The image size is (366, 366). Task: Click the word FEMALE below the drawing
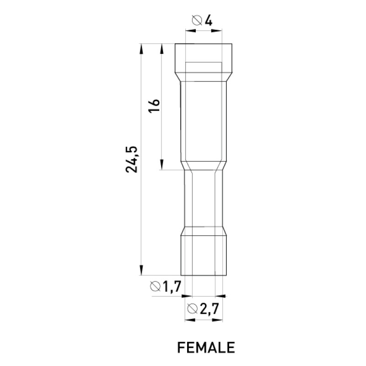pyautogui.click(x=206, y=348)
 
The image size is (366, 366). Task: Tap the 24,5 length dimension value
pyautogui.click(x=132, y=159)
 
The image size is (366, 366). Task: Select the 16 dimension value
pyautogui.click(x=154, y=106)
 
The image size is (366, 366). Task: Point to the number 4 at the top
pyautogui.click(x=209, y=21)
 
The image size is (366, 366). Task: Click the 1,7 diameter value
pyautogui.click(x=172, y=286)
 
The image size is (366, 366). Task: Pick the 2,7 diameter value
pyautogui.click(x=209, y=309)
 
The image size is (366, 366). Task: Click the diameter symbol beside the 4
pyautogui.click(x=197, y=20)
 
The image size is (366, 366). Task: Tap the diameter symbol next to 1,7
pyautogui.click(x=156, y=286)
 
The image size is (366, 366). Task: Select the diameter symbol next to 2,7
pyautogui.click(x=193, y=308)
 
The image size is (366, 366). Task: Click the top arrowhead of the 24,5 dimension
pyautogui.click(x=141, y=49)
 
